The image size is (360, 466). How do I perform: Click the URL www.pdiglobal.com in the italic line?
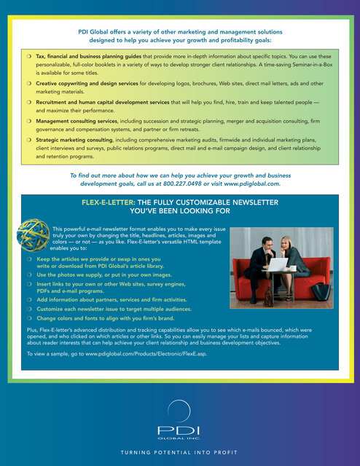point(257,184)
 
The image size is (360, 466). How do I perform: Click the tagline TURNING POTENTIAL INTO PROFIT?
point(179,451)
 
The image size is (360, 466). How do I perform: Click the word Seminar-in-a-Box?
point(311,64)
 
